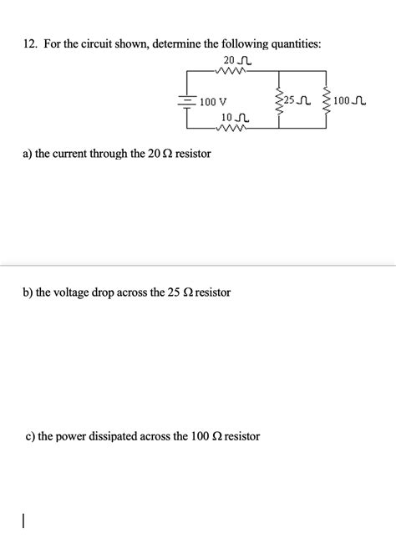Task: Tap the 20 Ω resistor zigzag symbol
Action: click(233, 71)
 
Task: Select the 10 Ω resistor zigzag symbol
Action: click(231, 130)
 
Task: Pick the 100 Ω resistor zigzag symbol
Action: click(326, 101)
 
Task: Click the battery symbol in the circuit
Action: click(185, 101)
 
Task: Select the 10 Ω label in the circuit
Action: click(233, 118)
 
